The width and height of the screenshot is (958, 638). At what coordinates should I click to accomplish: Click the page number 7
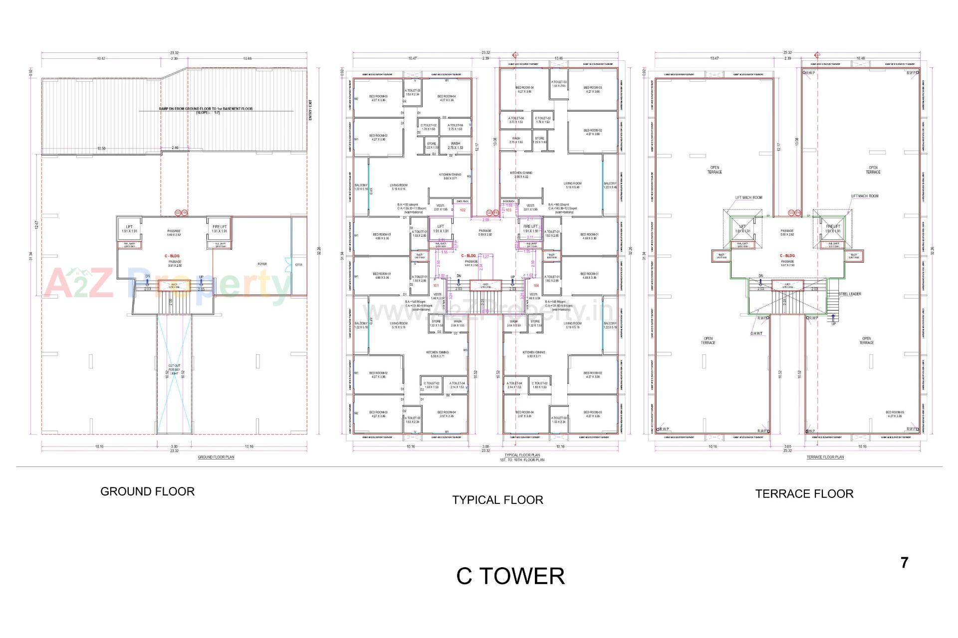[x=904, y=563]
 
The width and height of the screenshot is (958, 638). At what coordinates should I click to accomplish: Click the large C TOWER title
[x=510, y=576]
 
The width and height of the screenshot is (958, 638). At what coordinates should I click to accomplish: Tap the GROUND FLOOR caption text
[x=147, y=491]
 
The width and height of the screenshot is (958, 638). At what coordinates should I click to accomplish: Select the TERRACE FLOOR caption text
[x=804, y=494]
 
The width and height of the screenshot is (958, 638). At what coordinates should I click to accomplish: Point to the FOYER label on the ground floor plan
[x=262, y=264]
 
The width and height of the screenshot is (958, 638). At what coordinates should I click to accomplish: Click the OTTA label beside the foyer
[x=298, y=265]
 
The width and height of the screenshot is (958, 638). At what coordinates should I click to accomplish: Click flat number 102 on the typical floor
[x=463, y=210]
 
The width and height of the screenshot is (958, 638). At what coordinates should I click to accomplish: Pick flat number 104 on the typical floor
[x=536, y=286]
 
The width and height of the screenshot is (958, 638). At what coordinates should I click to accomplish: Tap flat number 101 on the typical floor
[x=436, y=286]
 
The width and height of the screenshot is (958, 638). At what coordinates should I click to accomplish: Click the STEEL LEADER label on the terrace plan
[x=850, y=294]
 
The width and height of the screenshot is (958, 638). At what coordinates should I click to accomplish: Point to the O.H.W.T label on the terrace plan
[x=756, y=334]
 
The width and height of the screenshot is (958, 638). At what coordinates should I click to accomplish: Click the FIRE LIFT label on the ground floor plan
[x=220, y=227]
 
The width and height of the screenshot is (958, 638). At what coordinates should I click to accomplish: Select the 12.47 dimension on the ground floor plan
[x=36, y=225]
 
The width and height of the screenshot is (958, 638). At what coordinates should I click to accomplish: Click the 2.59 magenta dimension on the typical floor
[x=485, y=220]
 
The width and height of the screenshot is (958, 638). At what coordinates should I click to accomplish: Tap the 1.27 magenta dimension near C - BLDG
[x=485, y=256]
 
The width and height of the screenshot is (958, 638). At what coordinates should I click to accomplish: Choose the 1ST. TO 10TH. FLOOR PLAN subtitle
[x=522, y=460]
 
